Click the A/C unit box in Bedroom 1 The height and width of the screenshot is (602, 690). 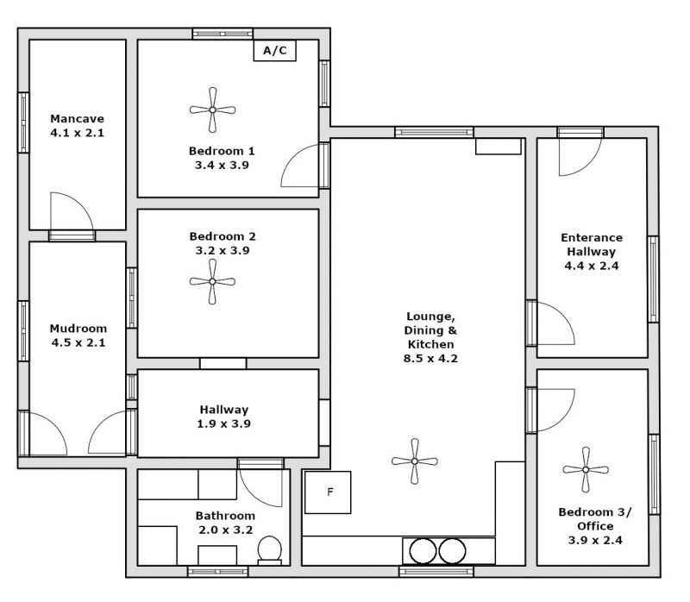(x=274, y=50)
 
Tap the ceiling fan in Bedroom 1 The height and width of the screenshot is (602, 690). (x=212, y=110)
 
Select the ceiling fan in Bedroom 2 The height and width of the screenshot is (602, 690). (x=212, y=282)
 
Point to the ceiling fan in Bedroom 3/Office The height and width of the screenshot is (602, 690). (x=586, y=470)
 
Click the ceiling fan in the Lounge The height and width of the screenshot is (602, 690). (x=415, y=461)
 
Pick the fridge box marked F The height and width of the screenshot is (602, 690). (x=328, y=492)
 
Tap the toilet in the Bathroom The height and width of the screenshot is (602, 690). (x=269, y=550)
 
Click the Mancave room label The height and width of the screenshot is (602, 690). (x=77, y=119)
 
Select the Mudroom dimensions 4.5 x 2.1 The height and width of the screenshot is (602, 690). (x=78, y=342)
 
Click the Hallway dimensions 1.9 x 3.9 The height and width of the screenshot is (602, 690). (x=224, y=423)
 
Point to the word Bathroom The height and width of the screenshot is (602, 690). (x=225, y=516)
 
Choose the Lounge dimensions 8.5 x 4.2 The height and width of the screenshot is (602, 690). (x=430, y=359)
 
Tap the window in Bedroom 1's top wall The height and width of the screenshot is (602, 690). (x=223, y=34)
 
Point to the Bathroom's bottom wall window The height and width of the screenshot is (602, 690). (x=218, y=572)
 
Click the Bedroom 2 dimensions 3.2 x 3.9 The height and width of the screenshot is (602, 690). (x=223, y=251)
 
